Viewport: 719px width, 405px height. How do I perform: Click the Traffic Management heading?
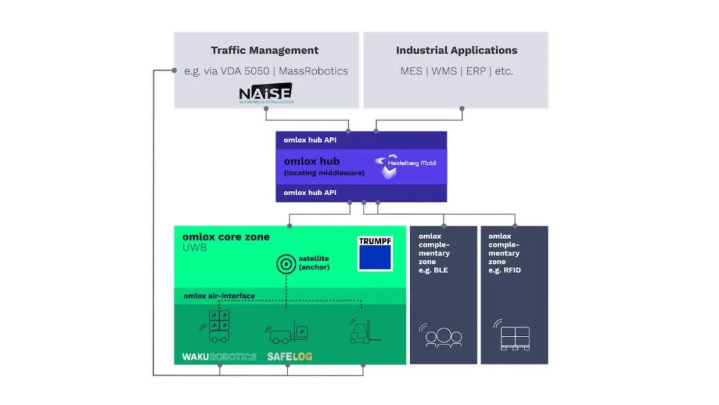[x=264, y=51]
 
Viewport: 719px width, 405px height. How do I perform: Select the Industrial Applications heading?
[x=456, y=51]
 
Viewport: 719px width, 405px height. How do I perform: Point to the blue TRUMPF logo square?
[x=374, y=253]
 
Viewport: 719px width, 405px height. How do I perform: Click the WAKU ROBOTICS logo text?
[x=219, y=356]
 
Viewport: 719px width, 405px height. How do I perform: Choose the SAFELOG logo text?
[x=290, y=356]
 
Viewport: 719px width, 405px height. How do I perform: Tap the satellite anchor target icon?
[x=286, y=264]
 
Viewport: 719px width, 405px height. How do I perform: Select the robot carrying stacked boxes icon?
[x=218, y=327]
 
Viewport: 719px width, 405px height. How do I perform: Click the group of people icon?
[x=443, y=336]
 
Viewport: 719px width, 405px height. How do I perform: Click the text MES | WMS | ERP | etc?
[x=456, y=71]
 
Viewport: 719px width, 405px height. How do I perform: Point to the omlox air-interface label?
[x=219, y=296]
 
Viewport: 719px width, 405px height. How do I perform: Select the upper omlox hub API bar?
[x=361, y=140]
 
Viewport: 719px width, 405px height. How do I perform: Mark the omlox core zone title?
[x=226, y=236]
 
